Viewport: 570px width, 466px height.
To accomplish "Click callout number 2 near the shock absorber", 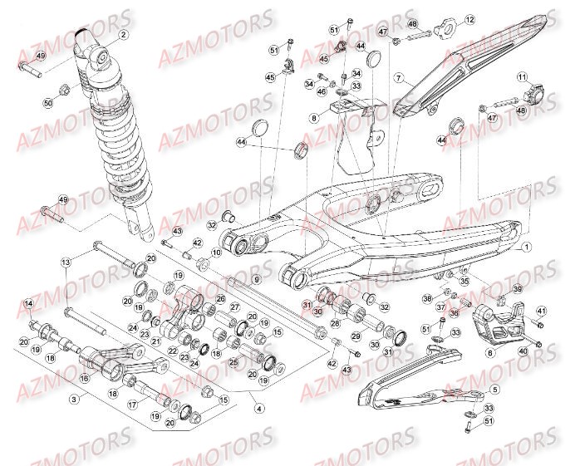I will coord(122,35).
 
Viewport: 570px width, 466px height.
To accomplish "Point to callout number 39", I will coord(517,289).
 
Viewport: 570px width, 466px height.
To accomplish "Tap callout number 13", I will coord(66,262).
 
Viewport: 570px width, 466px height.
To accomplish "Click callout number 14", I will coord(29,303).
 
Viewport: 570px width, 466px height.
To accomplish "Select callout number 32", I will coord(212,224).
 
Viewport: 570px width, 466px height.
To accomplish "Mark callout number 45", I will coord(270,77).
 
